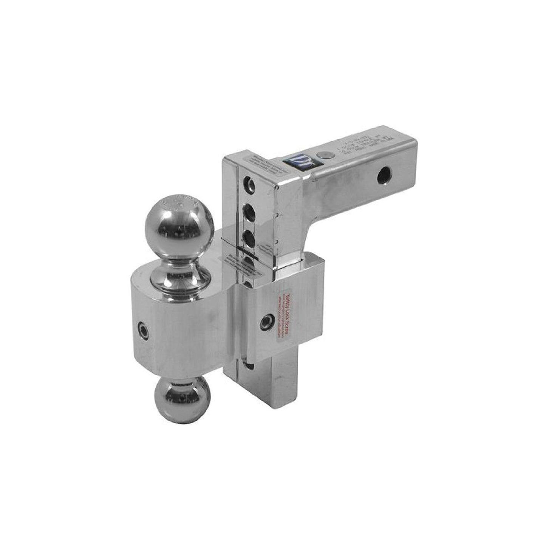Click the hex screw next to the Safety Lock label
point(268,321)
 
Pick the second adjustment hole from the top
point(248,210)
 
